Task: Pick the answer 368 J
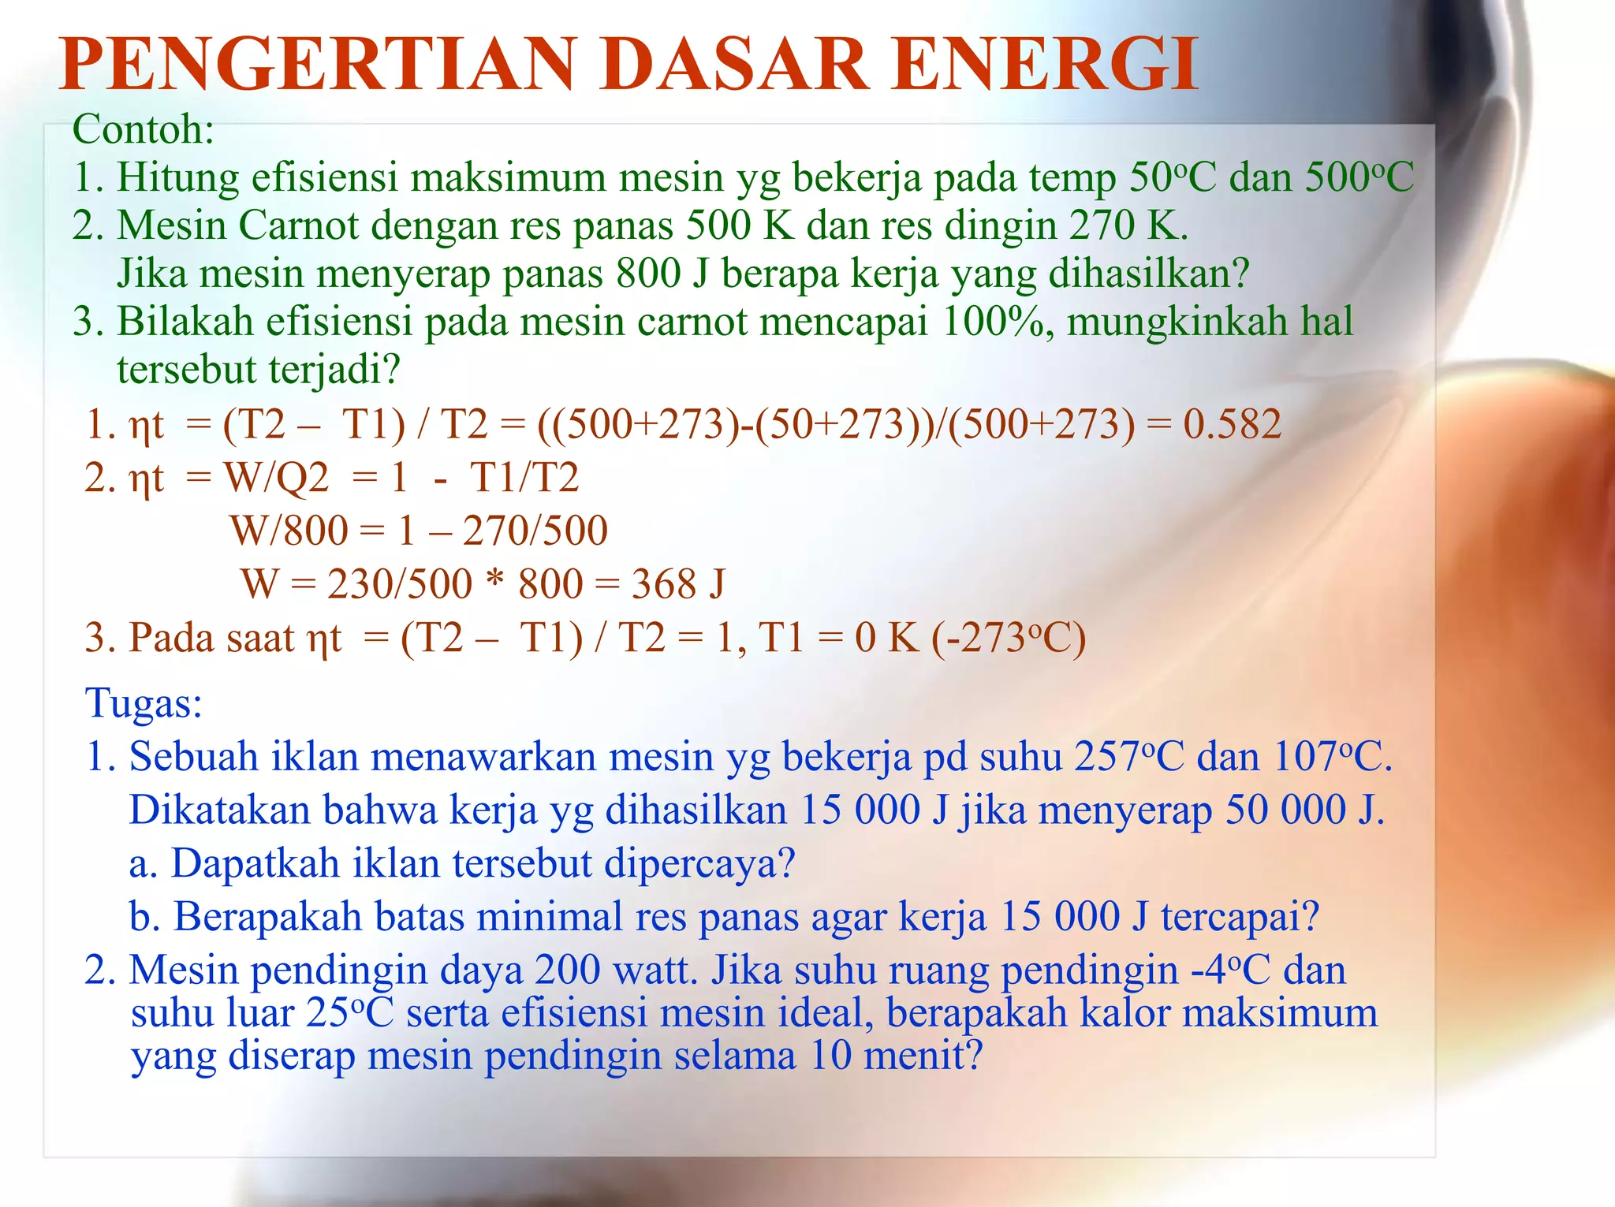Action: pos(677,584)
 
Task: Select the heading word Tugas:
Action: pos(144,702)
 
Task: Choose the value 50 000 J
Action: pos(1304,810)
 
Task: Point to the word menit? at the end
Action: pos(923,1055)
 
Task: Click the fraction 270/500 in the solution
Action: pos(535,531)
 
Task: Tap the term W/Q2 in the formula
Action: pos(276,478)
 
